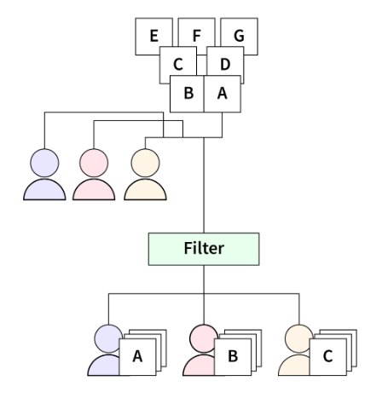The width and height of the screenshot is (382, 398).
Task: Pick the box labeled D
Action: pyautogui.click(x=226, y=64)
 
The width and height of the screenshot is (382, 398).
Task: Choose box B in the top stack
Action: pyautogui.click(x=188, y=95)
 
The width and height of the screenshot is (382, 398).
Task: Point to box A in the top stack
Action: pyautogui.click(x=223, y=95)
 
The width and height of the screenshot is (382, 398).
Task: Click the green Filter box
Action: pyautogui.click(x=204, y=248)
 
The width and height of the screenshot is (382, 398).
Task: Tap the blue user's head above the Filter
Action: pyautogui.click(x=44, y=161)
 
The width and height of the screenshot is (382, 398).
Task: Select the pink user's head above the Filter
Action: pyautogui.click(x=94, y=161)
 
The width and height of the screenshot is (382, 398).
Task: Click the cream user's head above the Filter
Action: pyautogui.click(x=144, y=161)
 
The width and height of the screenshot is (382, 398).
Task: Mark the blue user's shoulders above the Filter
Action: pyautogui.click(x=44, y=188)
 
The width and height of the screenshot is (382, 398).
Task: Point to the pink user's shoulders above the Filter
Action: pyautogui.click(x=94, y=188)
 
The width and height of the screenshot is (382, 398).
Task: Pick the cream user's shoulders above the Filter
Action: pyautogui.click(x=144, y=188)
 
